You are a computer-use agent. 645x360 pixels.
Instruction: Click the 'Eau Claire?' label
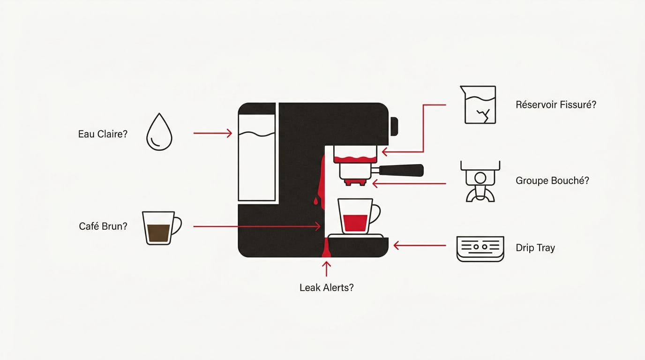click(103, 134)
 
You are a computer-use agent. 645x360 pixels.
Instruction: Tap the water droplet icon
click(159, 132)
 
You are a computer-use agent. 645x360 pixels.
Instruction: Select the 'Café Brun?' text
click(103, 226)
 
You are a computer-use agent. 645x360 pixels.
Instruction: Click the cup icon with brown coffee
click(162, 228)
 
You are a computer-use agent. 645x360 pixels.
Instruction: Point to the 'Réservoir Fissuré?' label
click(556, 105)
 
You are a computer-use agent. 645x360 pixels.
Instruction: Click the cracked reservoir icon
click(479, 105)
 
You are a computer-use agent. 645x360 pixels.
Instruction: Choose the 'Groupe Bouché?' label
click(552, 180)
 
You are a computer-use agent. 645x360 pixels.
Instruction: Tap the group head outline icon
click(480, 181)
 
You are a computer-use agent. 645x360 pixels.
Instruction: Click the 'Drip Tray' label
click(535, 247)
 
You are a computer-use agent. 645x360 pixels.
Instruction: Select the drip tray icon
click(480, 249)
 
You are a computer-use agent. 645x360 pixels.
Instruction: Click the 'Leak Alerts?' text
click(327, 287)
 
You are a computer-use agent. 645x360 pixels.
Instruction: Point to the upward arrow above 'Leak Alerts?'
click(326, 269)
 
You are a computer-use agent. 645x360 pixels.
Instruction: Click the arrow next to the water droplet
click(212, 133)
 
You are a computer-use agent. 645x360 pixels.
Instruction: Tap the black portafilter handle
click(401, 170)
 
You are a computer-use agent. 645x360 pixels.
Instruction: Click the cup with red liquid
click(359, 216)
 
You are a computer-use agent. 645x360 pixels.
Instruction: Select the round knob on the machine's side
click(394, 127)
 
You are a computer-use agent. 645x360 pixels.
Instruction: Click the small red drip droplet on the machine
click(315, 201)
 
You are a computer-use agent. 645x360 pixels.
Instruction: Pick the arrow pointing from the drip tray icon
click(420, 246)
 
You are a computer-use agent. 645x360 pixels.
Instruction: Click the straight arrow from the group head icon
click(409, 183)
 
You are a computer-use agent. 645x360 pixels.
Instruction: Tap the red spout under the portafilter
click(356, 182)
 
